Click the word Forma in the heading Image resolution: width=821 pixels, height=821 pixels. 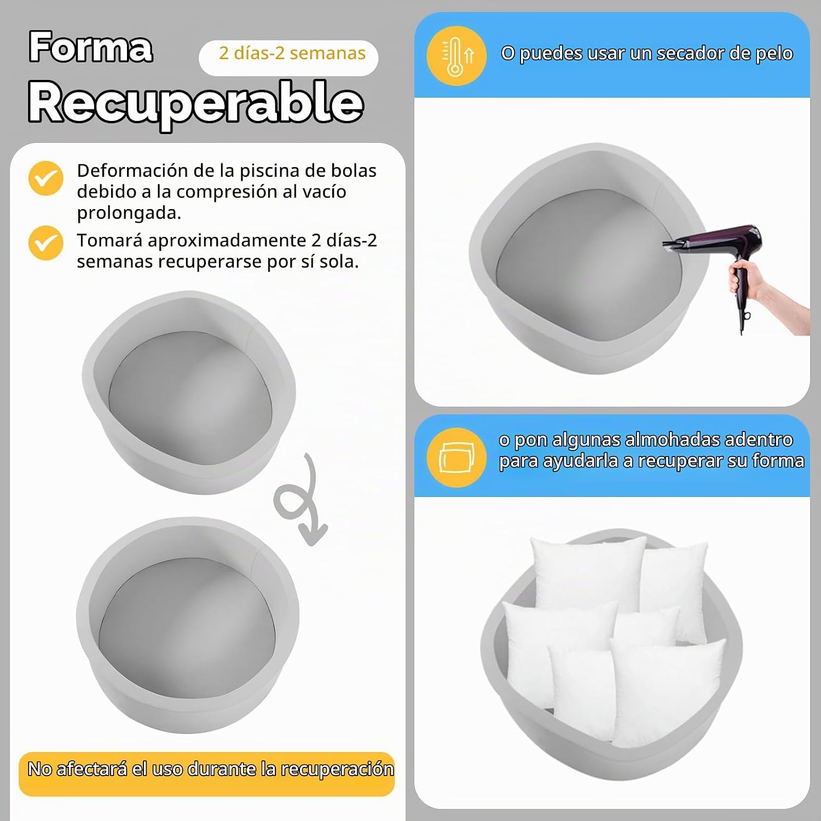[x=91, y=47]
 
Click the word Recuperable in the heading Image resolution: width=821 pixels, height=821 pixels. [x=196, y=102]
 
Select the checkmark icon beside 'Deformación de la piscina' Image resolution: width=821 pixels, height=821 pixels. [x=46, y=178]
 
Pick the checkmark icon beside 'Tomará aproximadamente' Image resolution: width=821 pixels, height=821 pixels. [x=46, y=243]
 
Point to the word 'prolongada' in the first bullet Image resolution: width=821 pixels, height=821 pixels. [x=126, y=213]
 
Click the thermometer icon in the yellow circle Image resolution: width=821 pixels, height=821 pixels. [x=456, y=57]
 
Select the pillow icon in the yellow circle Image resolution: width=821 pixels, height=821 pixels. [x=456, y=458]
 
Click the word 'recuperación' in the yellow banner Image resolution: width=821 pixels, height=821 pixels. [x=337, y=770]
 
